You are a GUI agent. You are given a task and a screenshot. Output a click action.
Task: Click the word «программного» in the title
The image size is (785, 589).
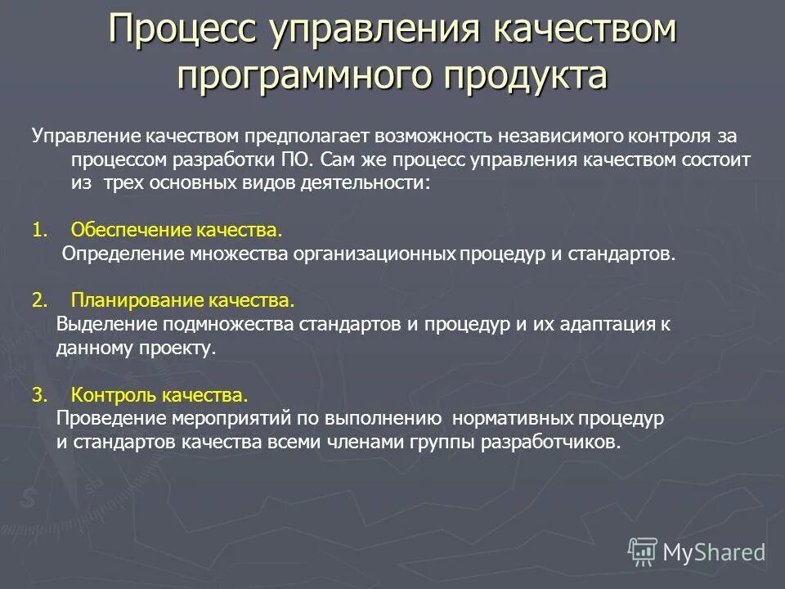click(304, 76)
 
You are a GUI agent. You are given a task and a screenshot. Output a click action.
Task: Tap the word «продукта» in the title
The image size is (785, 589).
click(526, 76)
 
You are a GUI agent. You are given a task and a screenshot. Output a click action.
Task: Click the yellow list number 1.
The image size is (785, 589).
click(38, 230)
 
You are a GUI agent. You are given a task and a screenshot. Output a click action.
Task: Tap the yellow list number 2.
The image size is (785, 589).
click(38, 300)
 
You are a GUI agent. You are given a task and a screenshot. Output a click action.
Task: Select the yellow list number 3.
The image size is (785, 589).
click(38, 396)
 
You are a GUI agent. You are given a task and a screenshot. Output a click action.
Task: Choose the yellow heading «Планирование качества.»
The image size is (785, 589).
click(182, 300)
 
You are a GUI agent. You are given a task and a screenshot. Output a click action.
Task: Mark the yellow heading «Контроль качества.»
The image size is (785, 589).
click(159, 396)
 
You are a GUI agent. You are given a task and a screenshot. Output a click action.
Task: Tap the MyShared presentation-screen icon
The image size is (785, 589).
click(643, 551)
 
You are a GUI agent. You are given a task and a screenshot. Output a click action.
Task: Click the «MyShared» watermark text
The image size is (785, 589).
click(714, 553)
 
